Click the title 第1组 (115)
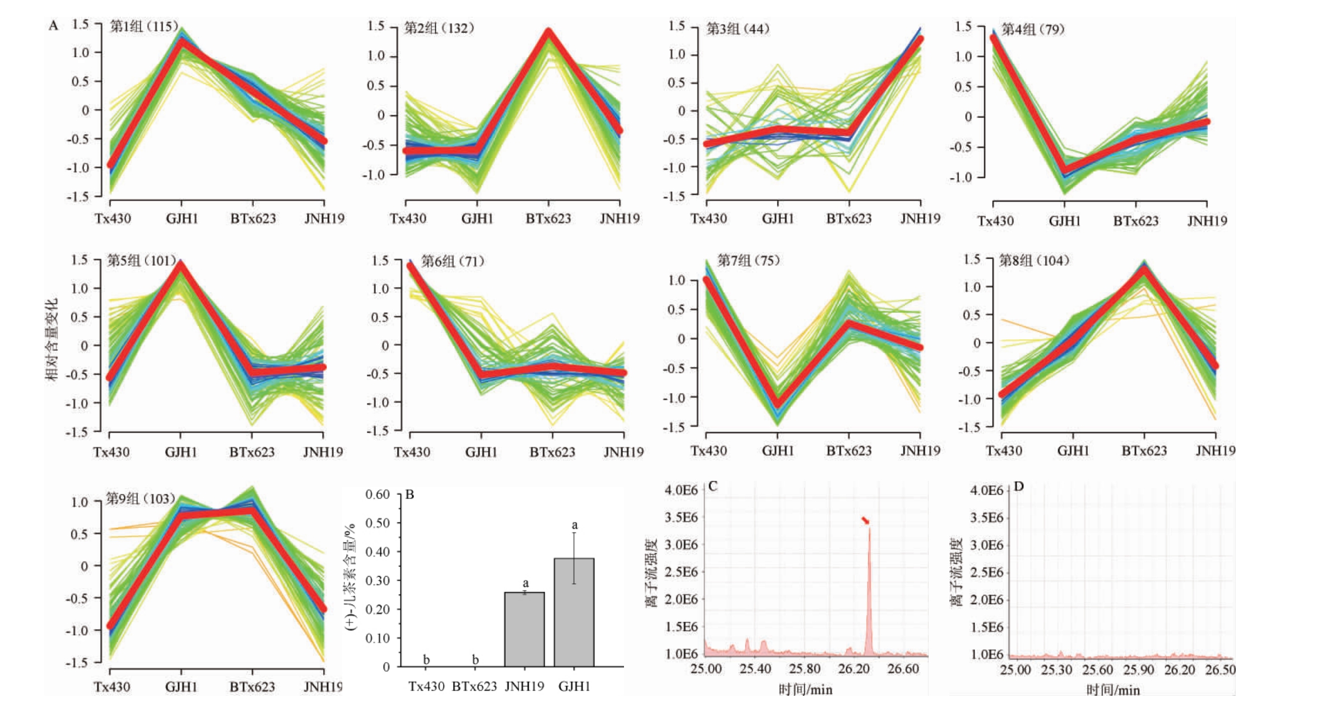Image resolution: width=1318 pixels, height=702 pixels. [x=143, y=26]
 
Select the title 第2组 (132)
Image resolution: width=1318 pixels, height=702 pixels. [x=439, y=28]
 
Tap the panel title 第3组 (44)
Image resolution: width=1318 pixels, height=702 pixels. [x=738, y=29]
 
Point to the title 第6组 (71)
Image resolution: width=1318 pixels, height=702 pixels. [x=452, y=261]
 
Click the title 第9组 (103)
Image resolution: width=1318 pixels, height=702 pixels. [x=141, y=498]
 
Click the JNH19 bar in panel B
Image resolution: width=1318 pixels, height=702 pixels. [x=524, y=629]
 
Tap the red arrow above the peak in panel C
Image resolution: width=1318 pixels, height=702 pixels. [x=865, y=521]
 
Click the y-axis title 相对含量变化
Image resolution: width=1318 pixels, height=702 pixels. [x=52, y=340]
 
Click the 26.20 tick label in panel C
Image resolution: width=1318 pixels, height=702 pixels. [x=854, y=668]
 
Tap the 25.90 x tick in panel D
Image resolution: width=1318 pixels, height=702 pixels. [x=1139, y=670]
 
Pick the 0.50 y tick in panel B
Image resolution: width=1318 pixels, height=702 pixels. [x=377, y=523]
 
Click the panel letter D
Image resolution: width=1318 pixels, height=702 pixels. [x=1018, y=486]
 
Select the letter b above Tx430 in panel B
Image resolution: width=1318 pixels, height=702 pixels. [x=426, y=659]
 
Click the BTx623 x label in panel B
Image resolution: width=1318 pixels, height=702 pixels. [x=474, y=686]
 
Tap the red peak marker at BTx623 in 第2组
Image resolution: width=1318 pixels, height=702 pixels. [x=548, y=32]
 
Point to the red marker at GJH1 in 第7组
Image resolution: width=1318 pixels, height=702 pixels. [x=777, y=403]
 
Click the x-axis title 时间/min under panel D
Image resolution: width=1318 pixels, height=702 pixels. [x=1113, y=690]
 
